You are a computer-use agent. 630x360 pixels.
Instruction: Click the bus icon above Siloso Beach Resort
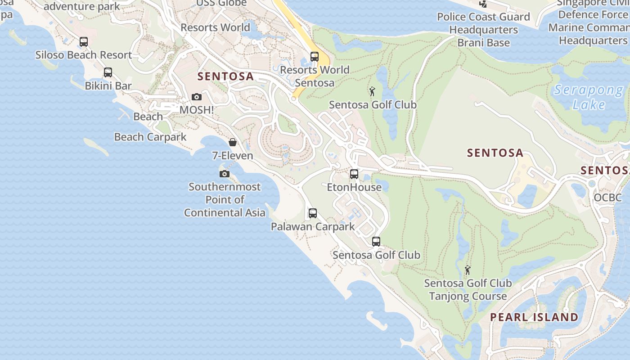coord(84,42)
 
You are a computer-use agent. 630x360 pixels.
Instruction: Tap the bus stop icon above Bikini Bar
coord(108,72)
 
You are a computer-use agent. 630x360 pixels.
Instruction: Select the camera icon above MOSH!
coord(197,97)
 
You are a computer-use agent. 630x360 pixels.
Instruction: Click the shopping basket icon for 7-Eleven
coord(233,143)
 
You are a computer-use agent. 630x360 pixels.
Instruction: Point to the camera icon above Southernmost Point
coord(225,174)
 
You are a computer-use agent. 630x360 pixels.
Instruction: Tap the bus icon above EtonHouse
coord(354,174)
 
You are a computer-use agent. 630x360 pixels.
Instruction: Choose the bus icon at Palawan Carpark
coord(313,213)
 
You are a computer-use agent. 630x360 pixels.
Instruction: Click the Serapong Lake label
coord(589,97)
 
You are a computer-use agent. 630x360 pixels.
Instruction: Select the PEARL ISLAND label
coord(534,317)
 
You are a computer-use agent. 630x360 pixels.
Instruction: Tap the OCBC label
coord(607,198)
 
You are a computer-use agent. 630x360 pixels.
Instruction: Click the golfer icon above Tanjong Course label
coord(468,270)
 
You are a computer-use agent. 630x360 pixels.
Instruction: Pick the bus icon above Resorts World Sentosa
coord(315,57)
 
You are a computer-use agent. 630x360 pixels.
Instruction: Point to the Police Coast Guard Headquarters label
coord(484,30)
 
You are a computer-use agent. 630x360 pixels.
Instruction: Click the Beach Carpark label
coord(150,137)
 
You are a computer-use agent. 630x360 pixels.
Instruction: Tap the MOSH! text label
coord(197,110)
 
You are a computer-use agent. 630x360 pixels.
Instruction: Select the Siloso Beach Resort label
coord(84,55)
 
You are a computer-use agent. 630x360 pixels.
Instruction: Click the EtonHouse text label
coord(354,187)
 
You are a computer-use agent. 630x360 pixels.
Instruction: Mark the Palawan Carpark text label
coord(313,226)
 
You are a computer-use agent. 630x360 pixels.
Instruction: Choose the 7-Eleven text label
coord(233,156)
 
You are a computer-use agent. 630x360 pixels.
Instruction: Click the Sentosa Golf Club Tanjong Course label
coord(468,289)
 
